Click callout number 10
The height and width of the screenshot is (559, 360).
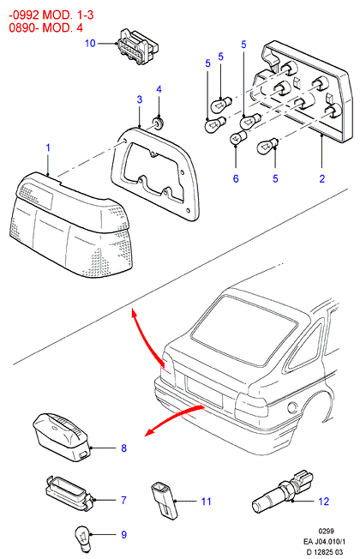tap(90, 43)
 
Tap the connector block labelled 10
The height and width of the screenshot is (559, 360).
tap(137, 47)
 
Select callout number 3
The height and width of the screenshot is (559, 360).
tap(140, 99)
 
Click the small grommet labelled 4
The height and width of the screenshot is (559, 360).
tap(157, 123)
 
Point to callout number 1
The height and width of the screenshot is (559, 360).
tap(48, 147)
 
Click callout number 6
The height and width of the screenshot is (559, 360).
tap(236, 178)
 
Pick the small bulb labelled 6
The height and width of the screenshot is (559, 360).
tap(238, 137)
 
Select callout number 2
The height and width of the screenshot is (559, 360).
tap(322, 178)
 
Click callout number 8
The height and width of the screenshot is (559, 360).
tap(123, 448)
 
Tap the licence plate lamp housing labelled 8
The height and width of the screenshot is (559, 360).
tap(62, 437)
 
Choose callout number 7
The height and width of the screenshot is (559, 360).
tap(123, 500)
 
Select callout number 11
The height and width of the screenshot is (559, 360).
tap(207, 502)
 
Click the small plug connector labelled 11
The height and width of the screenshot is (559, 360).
tap(164, 499)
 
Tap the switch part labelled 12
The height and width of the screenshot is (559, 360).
tap(282, 491)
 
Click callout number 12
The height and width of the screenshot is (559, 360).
tap(324, 502)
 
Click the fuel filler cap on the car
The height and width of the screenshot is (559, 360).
tap(292, 406)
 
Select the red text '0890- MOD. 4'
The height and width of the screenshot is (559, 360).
tap(46, 27)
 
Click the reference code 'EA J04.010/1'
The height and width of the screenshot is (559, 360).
tap(324, 542)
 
